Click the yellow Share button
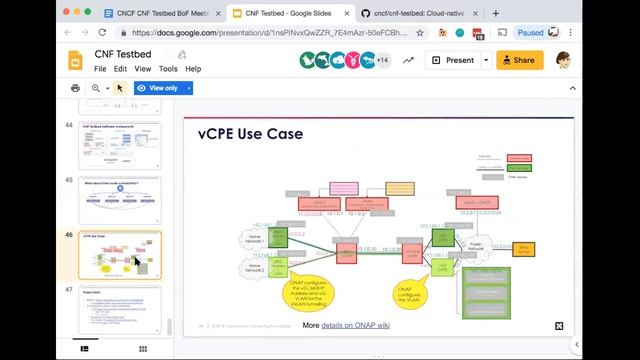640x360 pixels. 520,60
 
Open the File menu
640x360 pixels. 100,69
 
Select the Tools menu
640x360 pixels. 168,69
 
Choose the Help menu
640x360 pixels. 193,69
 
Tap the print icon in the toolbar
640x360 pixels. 76,88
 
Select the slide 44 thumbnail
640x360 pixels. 120,145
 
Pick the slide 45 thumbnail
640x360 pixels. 120,200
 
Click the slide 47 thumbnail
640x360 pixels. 120,309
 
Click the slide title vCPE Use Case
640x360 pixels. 250,134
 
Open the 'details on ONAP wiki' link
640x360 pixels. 355,325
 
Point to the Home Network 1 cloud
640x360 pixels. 253,240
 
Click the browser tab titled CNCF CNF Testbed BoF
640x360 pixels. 160,14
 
